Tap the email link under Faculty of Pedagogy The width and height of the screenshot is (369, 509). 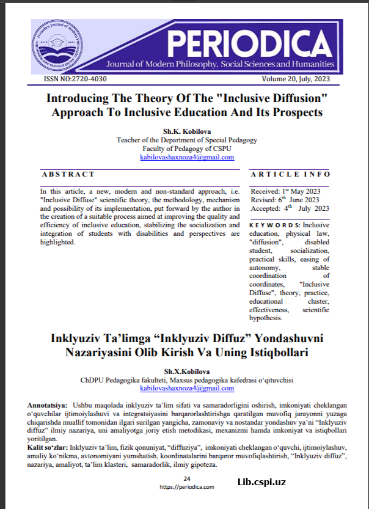click(187, 157)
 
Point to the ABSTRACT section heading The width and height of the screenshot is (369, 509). click(68, 174)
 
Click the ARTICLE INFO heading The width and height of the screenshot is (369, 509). click(290, 174)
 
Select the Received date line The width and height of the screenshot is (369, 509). click(285, 191)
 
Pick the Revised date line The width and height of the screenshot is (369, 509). click(285, 200)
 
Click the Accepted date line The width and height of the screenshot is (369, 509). click(290, 208)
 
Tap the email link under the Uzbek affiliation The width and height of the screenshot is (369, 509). click(187, 388)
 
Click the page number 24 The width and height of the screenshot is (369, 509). click(187, 478)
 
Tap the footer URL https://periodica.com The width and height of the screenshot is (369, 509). click(187, 487)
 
